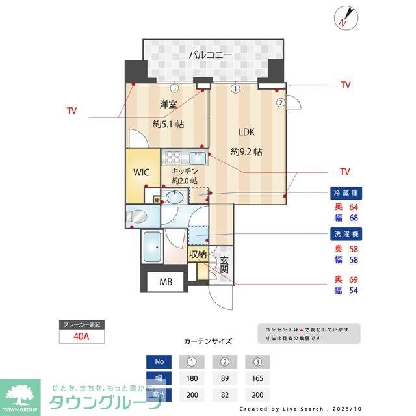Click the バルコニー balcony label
pyautogui.click(x=210, y=56)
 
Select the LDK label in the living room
pyautogui.click(x=246, y=132)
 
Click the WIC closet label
pyautogui.click(x=142, y=173)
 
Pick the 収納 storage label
pyautogui.click(x=198, y=254)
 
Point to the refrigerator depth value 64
pyautogui.click(x=354, y=207)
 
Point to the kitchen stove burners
pyautogui.click(x=174, y=157)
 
